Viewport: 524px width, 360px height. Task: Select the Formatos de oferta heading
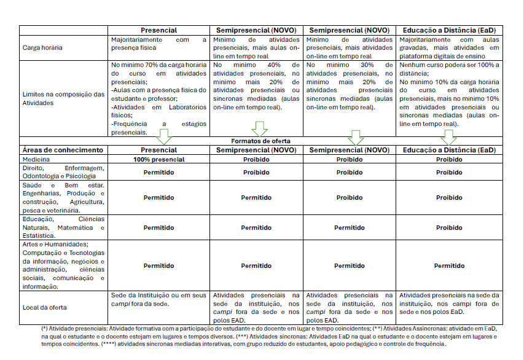tap(261, 141)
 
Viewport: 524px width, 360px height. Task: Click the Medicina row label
tap(36, 159)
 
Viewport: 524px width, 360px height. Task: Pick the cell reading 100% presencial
tap(159, 159)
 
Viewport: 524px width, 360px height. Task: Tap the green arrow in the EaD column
tap(448, 136)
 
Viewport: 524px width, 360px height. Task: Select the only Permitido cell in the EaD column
tap(449, 266)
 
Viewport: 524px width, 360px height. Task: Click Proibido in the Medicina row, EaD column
tap(449, 159)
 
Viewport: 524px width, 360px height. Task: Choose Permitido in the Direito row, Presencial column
tap(159, 173)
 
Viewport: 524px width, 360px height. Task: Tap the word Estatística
tap(39, 235)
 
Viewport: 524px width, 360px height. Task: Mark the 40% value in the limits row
tap(275, 65)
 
